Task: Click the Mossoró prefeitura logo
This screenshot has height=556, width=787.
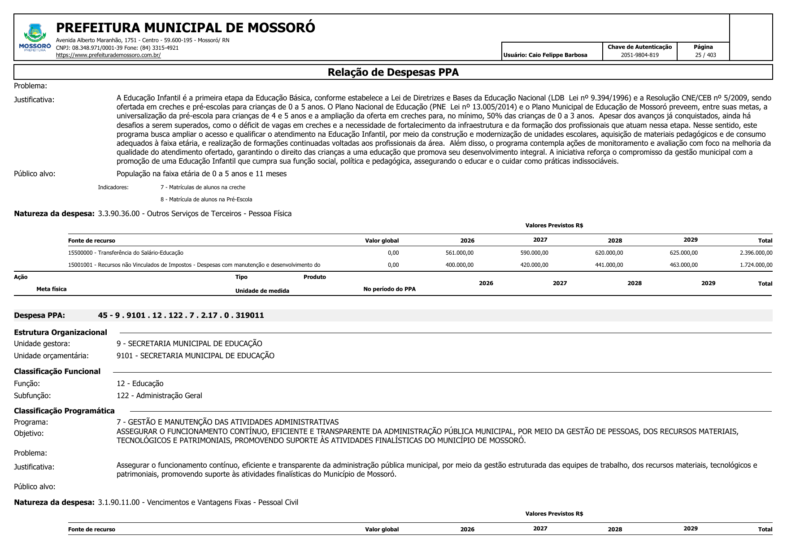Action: pyautogui.click(x=35, y=38)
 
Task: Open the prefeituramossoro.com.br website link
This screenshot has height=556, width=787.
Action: pyautogui.click(x=108, y=55)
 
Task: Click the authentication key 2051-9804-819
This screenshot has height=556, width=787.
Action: pyautogui.click(x=639, y=55)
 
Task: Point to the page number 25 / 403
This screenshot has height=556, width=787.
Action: pyautogui.click(x=705, y=55)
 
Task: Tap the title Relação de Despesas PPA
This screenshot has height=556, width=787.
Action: pyautogui.click(x=393, y=72)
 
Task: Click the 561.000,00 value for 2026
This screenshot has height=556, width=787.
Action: pyautogui.click(x=459, y=253)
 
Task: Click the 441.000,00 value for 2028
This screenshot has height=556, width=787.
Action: pyautogui.click(x=609, y=265)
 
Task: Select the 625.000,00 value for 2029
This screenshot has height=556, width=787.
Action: pyautogui.click(x=683, y=253)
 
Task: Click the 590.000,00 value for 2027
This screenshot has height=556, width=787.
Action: pyautogui.click(x=534, y=253)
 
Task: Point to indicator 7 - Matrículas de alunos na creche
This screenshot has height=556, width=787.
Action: pyautogui.click(x=203, y=187)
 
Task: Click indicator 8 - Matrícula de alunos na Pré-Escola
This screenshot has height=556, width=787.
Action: pyautogui.click(x=206, y=200)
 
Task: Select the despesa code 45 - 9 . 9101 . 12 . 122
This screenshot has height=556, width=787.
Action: pyautogui.click(x=181, y=316)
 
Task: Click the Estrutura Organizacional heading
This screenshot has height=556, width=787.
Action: pyautogui.click(x=61, y=332)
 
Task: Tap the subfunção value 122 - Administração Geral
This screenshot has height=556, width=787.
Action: pyautogui.click(x=159, y=395)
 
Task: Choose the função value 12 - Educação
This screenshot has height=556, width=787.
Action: pyautogui.click(x=140, y=383)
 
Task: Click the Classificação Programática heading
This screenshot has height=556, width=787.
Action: pyautogui.click(x=64, y=411)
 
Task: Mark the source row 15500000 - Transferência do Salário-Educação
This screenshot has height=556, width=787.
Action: pyautogui.click(x=126, y=253)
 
